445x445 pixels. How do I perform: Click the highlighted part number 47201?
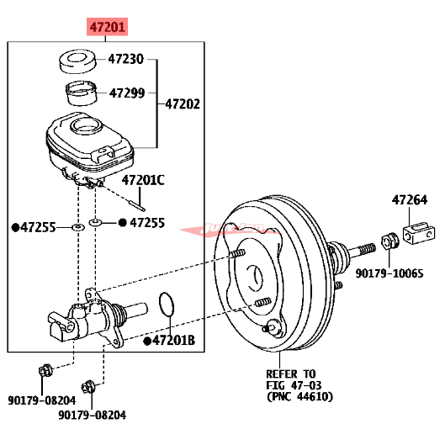(x=108, y=28)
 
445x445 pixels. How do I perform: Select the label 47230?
(x=126, y=59)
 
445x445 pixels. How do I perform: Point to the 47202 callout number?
(x=182, y=104)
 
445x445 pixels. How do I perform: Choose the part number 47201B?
(x=173, y=340)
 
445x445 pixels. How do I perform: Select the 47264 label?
(x=409, y=200)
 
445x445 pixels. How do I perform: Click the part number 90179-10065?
(x=389, y=273)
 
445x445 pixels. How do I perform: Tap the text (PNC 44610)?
(x=299, y=397)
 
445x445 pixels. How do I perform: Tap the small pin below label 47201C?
(x=138, y=202)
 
